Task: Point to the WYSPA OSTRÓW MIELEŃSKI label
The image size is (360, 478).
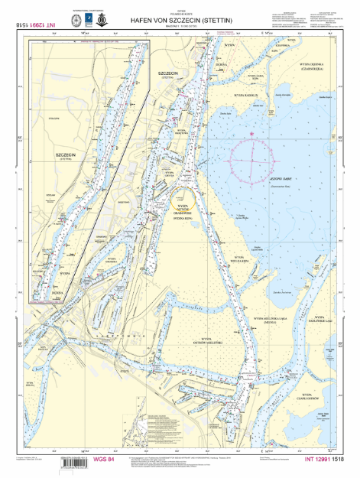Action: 206,317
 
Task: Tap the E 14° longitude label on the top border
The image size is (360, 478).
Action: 267,34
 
